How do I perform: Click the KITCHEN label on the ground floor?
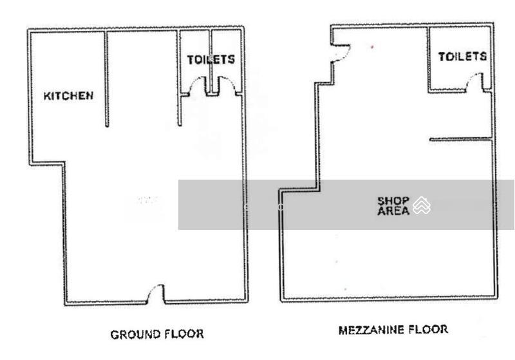click(x=68, y=96)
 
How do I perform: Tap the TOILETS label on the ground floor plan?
click(x=211, y=59)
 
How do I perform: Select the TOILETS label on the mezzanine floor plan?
click(x=462, y=57)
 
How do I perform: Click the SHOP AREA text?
click(x=393, y=206)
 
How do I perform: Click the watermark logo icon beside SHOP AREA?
click(x=422, y=205)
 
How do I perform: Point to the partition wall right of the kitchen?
click(x=106, y=79)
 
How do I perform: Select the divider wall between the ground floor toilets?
click(x=211, y=62)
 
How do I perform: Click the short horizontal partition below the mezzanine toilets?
click(x=460, y=140)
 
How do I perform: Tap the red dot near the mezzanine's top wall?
click(x=372, y=47)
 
